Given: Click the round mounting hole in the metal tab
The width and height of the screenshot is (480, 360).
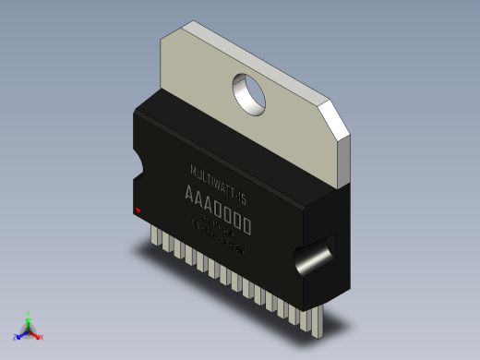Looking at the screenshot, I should (x=249, y=92).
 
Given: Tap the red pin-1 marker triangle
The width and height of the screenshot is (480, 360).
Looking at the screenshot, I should (x=138, y=211).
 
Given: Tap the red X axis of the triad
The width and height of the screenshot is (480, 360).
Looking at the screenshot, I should (x=38, y=336).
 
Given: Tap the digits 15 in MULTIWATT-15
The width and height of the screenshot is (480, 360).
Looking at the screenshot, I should (x=242, y=197).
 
